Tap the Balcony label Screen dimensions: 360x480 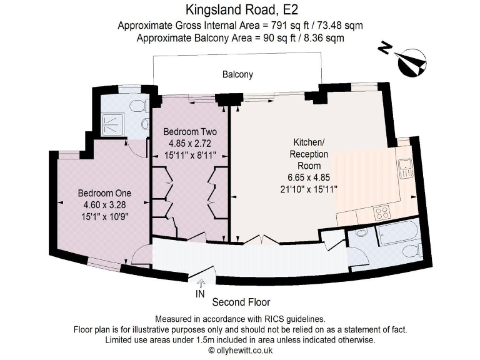pyautogui.click(x=237, y=74)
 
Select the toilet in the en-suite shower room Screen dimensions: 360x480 pyautogui.click(x=145, y=124)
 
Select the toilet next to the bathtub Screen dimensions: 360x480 pyautogui.click(x=410, y=251)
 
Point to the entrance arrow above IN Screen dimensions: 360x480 pyautogui.click(x=200, y=283)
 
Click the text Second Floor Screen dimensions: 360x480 pyautogui.click(x=241, y=302)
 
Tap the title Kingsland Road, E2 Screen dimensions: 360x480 pyautogui.click(x=240, y=10)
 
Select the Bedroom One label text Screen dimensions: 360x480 pyautogui.click(x=104, y=192)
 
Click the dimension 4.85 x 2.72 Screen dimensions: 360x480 pyautogui.click(x=190, y=143)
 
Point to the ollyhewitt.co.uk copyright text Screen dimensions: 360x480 pyautogui.click(x=240, y=350)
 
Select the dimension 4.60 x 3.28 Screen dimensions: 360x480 pyautogui.click(x=104, y=204)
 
